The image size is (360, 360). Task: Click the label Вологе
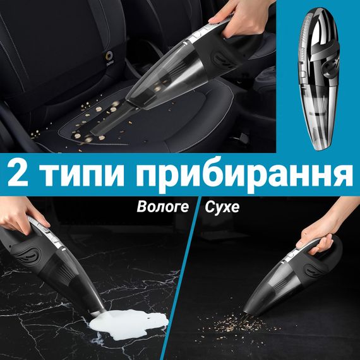tap(163, 207)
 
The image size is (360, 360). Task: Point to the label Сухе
tap(222, 207)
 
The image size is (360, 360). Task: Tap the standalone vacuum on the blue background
tap(319, 78)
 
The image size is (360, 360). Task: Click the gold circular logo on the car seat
tap(109, 56)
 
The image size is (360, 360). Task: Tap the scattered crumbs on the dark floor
tap(234, 324)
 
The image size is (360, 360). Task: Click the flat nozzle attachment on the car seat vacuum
tap(112, 119)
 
